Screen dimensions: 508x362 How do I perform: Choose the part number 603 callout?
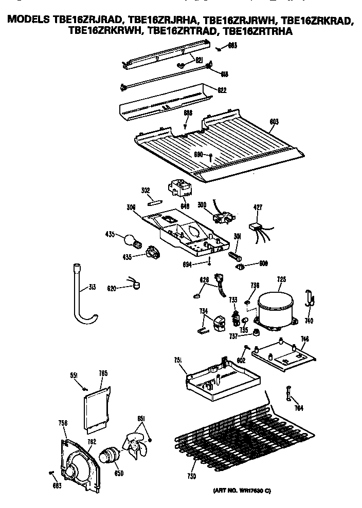coord(275,122)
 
